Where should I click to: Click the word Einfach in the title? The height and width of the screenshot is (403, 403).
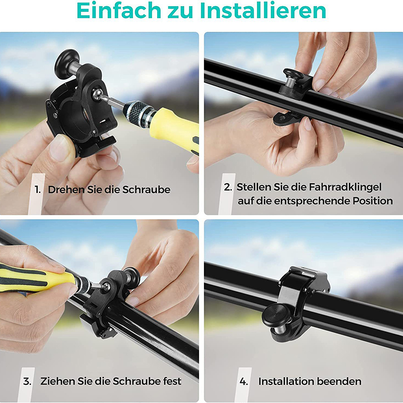[118, 11]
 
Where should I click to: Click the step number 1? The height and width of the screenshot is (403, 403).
[37, 190]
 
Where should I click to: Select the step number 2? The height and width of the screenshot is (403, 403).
[228, 187]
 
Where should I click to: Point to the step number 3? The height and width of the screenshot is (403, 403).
[27, 381]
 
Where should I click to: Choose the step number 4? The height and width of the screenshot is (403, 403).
[244, 381]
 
